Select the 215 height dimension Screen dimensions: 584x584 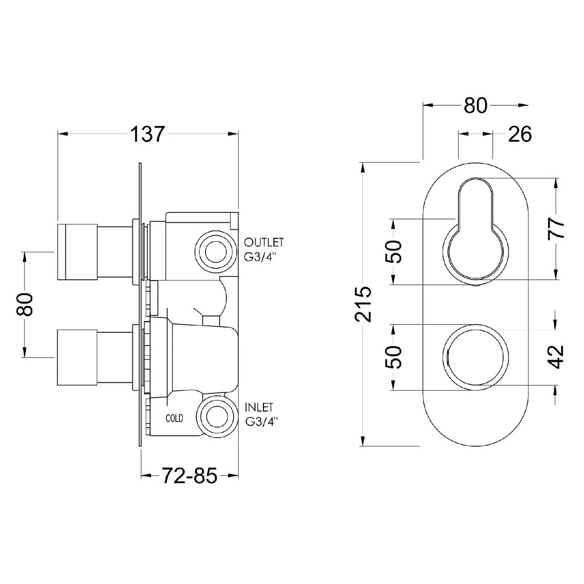(364, 304)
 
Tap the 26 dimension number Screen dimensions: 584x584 (519, 134)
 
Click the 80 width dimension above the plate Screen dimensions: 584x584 (475, 106)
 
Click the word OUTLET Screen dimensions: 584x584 (264, 242)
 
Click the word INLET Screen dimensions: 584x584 (259, 407)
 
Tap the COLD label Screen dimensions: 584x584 (174, 418)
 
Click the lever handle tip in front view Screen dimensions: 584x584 (476, 192)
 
